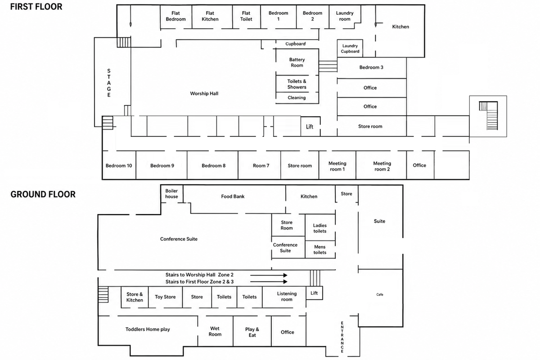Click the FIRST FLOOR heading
click(36, 6)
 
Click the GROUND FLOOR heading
click(43, 194)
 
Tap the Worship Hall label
click(204, 94)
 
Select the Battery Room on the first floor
click(297, 62)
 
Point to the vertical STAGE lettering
click(109, 83)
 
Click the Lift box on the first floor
click(310, 126)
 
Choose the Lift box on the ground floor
click(314, 293)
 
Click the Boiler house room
click(171, 194)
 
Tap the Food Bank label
click(233, 197)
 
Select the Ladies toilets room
click(320, 227)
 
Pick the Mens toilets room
click(320, 249)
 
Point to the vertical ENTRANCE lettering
click(342, 337)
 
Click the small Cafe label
click(380, 294)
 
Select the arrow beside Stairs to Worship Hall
click(269, 275)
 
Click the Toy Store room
click(166, 297)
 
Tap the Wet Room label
click(215, 331)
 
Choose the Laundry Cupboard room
click(350, 49)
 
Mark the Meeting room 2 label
click(382, 166)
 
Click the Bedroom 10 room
click(119, 166)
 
